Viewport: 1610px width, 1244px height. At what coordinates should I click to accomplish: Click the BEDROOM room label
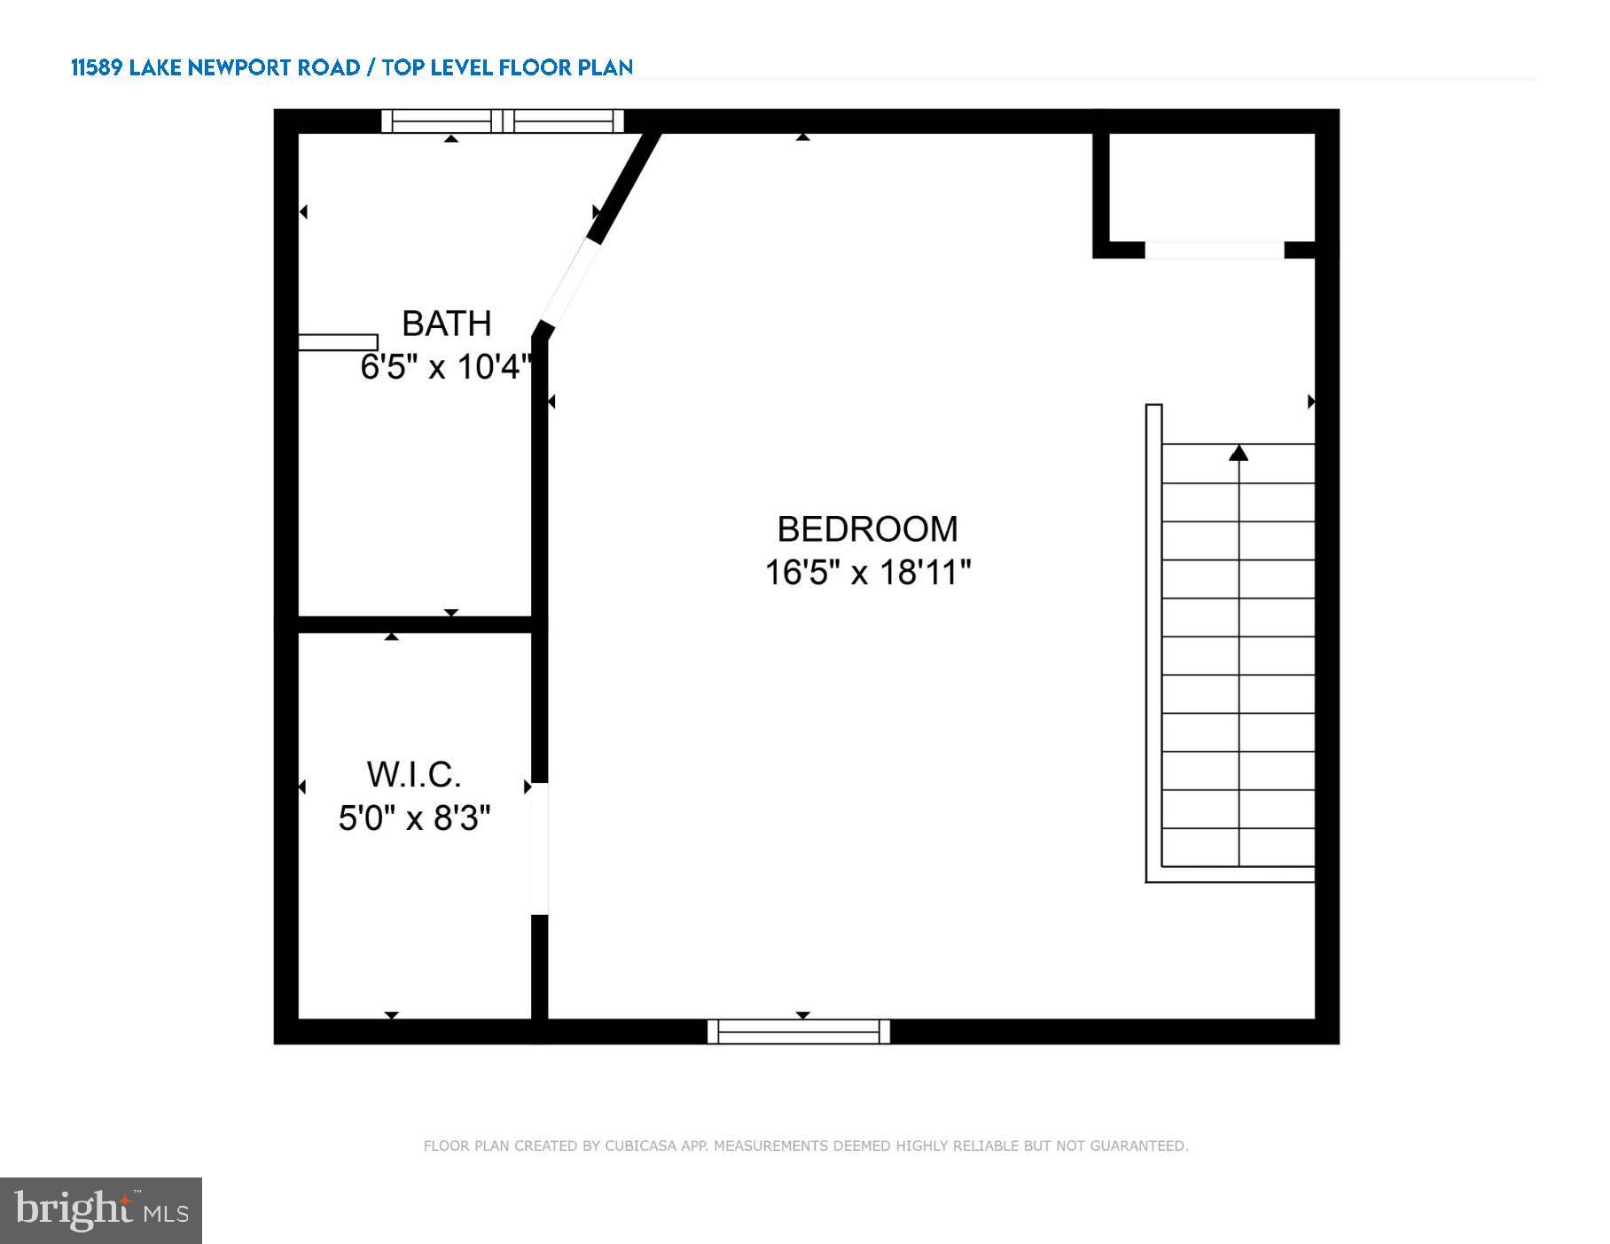(x=867, y=529)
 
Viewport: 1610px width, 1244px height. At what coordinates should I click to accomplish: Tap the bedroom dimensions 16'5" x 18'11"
(x=867, y=573)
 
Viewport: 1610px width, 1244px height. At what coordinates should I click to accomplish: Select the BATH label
(x=446, y=324)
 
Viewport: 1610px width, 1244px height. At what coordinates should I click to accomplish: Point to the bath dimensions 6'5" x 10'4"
(x=445, y=366)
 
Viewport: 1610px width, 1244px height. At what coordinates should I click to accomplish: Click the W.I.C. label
(x=414, y=775)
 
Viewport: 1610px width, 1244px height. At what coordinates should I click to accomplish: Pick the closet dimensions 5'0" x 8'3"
(x=414, y=818)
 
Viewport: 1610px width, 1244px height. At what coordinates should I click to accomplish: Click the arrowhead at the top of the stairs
(x=1239, y=453)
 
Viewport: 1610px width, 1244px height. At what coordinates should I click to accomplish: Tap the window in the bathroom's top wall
(x=503, y=121)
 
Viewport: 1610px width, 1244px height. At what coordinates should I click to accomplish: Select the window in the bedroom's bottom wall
(x=799, y=1031)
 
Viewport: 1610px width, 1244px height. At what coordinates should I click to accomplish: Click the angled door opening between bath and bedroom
(x=567, y=284)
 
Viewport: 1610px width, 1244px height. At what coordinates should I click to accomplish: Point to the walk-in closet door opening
(x=539, y=849)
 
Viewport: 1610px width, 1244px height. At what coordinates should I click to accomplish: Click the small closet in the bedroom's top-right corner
(x=1212, y=186)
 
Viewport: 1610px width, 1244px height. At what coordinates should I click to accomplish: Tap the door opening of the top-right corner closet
(x=1214, y=251)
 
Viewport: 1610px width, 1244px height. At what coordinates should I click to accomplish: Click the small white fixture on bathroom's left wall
(x=338, y=342)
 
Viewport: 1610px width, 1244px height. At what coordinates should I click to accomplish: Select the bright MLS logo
(x=101, y=1210)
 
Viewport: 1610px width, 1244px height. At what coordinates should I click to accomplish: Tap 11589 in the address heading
(x=96, y=67)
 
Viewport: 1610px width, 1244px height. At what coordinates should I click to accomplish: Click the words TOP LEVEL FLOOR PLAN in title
(x=508, y=67)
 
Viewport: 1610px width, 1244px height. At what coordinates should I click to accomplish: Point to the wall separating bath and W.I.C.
(x=414, y=624)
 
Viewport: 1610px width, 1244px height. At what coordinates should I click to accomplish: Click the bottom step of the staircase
(x=1239, y=848)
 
